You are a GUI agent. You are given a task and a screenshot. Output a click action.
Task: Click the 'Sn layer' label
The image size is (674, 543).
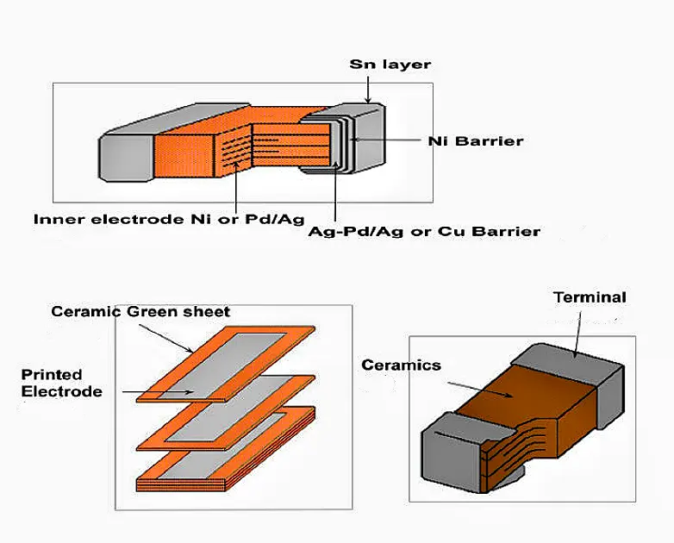[390, 65]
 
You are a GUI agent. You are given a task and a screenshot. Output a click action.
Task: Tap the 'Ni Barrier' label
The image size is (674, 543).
[475, 140]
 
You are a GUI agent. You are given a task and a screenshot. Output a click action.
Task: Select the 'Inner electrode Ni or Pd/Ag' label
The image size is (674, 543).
[169, 219]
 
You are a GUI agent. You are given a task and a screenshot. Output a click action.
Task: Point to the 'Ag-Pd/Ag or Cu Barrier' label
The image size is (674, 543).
[423, 231]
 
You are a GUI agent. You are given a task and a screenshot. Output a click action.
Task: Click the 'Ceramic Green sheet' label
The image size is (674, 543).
[140, 311]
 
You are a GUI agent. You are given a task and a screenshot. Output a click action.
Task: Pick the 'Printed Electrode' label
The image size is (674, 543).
[61, 383]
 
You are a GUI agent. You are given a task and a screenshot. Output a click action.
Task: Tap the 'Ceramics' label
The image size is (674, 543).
[401, 365]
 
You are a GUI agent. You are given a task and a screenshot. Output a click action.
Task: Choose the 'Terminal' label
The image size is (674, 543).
[590, 297]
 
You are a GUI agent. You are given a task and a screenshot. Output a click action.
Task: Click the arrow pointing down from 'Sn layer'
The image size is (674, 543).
[367, 90]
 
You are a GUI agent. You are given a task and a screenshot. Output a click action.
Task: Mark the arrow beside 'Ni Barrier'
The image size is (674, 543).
[388, 140]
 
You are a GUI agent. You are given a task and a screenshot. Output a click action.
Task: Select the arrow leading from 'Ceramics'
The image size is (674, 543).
[483, 384]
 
